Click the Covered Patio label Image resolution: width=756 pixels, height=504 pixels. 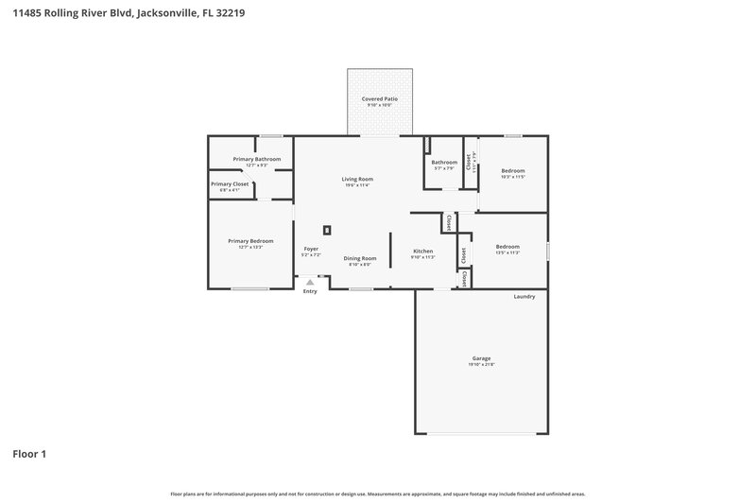pyautogui.click(x=379, y=98)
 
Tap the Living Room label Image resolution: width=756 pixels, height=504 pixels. pyautogui.click(x=357, y=179)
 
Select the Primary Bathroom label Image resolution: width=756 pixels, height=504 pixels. pyautogui.click(x=257, y=159)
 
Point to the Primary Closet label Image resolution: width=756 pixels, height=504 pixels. pyautogui.click(x=230, y=183)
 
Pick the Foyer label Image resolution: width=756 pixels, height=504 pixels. pyautogui.click(x=310, y=249)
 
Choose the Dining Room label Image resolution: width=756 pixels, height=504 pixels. pyautogui.click(x=359, y=258)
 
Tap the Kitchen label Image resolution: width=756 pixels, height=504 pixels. pyautogui.click(x=422, y=251)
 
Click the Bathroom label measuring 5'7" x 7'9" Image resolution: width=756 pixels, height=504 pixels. pyautogui.click(x=444, y=162)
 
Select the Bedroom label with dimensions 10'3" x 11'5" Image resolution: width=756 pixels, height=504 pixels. pyautogui.click(x=513, y=170)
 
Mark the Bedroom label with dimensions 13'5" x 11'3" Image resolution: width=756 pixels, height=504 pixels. pyautogui.click(x=507, y=247)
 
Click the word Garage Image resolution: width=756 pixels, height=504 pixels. pyautogui.click(x=481, y=358)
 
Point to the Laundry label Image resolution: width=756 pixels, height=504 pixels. pyautogui.click(x=524, y=297)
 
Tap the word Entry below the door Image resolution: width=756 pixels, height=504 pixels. pyautogui.click(x=310, y=291)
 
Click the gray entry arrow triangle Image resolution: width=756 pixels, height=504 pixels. pyautogui.click(x=310, y=282)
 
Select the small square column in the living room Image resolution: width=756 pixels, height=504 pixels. pyautogui.click(x=328, y=229)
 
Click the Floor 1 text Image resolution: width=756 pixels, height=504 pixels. pyautogui.click(x=29, y=454)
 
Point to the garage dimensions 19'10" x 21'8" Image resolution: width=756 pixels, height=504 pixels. pyautogui.click(x=481, y=365)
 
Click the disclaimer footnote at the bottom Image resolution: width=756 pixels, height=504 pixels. pyautogui.click(x=378, y=494)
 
